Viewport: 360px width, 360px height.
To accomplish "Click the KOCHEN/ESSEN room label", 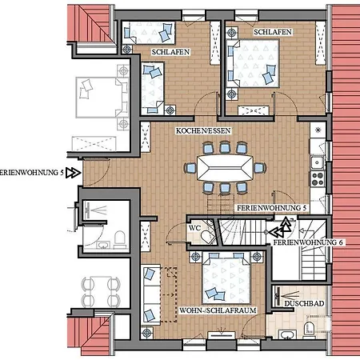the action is click(203, 130).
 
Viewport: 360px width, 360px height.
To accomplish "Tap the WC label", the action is click(194, 228).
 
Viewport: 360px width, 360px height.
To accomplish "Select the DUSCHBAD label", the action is click(304, 303).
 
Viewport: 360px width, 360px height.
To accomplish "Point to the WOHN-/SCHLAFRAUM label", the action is click(218, 310).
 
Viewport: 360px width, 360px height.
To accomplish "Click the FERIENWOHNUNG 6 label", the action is click(308, 242).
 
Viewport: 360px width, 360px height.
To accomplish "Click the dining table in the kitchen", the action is click(225, 168).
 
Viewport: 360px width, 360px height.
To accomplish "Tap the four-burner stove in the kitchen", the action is click(318, 178).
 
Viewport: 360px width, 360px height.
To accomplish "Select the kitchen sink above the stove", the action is click(318, 162).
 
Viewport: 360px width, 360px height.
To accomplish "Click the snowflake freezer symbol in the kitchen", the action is click(318, 130).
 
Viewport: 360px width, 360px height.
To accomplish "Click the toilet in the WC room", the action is click(206, 236).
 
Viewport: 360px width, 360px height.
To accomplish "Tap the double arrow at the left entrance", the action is click(74, 173).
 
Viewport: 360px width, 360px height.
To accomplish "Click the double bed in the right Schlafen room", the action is click(253, 63).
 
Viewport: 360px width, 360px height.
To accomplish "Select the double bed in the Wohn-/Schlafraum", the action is click(226, 278).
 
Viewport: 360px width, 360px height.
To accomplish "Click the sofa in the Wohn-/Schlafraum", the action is click(150, 294).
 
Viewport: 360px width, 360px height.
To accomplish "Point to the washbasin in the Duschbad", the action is click(287, 334).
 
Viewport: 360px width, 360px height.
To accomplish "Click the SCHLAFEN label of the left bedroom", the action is click(170, 52).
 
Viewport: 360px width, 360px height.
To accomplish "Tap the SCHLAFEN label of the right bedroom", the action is click(273, 32).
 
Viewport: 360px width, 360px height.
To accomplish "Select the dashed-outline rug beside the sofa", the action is click(169, 294).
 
